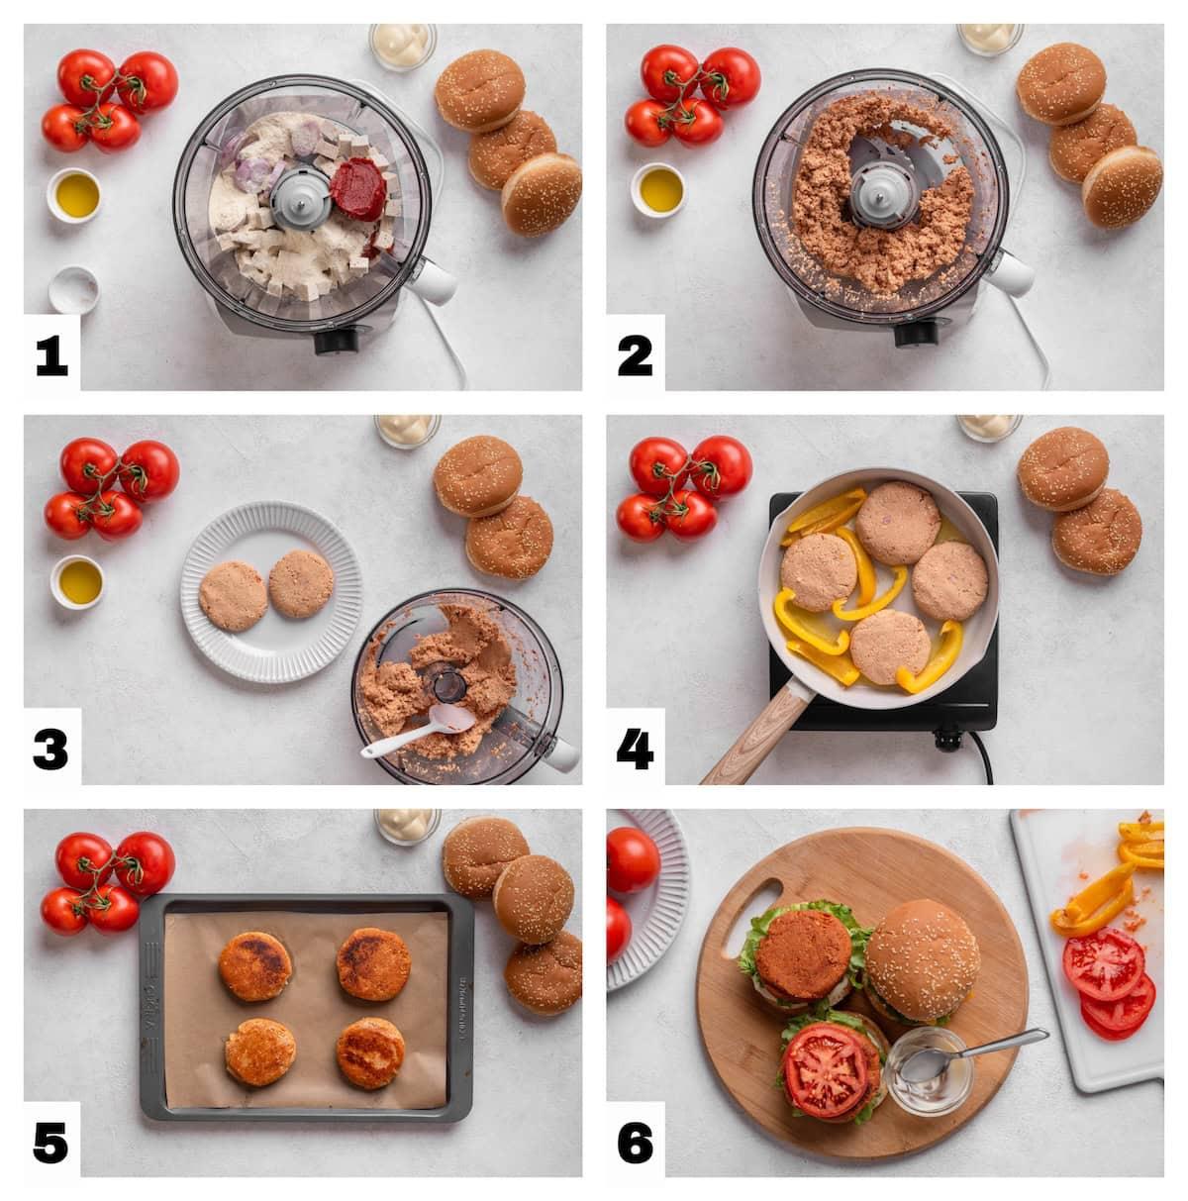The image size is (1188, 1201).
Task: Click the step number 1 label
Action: [51, 354]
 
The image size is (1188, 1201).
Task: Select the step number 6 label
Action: [635, 1145]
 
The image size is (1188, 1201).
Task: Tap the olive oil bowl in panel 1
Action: [76, 195]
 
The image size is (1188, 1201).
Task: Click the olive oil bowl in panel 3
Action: [76, 579]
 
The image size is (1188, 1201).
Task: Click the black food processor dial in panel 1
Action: [337, 342]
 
